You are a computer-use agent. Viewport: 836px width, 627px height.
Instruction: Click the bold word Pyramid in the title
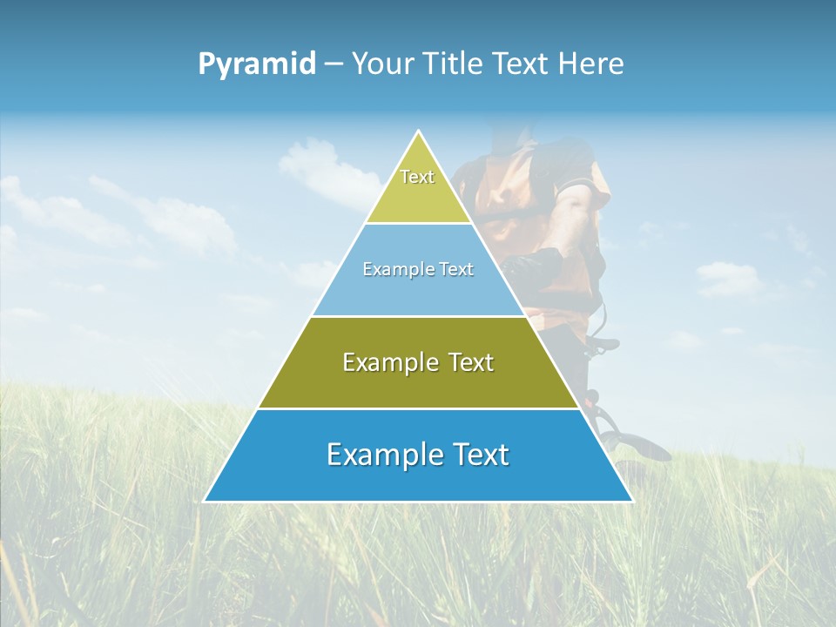click(257, 64)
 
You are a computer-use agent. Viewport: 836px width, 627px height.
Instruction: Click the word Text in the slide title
click(524, 64)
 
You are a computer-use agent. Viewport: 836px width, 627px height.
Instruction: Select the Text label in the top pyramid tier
click(417, 177)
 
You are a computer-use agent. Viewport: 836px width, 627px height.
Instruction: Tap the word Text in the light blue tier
click(456, 270)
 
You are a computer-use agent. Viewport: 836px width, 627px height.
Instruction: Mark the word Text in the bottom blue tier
click(477, 455)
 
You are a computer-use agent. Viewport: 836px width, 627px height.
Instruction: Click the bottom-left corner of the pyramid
click(206, 501)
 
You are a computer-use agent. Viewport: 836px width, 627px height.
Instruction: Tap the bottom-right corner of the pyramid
click(631, 501)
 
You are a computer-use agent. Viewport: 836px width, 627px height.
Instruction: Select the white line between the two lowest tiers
click(418, 408)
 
